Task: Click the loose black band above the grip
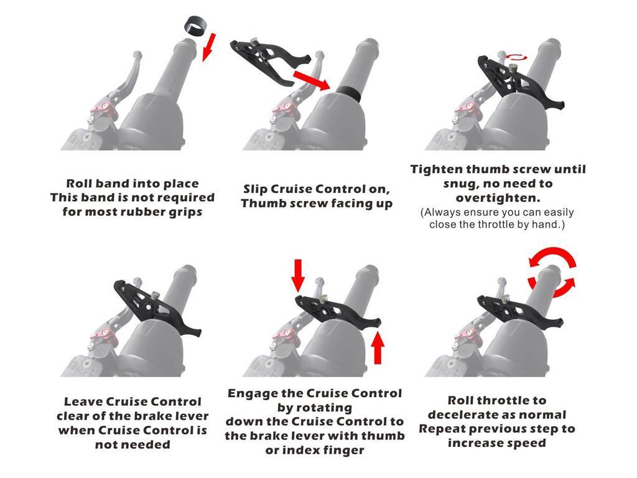pyautogui.click(x=195, y=26)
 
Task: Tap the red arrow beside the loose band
pyautogui.click(x=209, y=47)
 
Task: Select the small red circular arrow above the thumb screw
pyautogui.click(x=516, y=57)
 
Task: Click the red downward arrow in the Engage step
pyautogui.click(x=298, y=276)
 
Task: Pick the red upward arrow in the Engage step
pyautogui.click(x=378, y=347)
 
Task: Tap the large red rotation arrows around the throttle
pyautogui.click(x=552, y=272)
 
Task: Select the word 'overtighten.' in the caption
pyautogui.click(x=498, y=198)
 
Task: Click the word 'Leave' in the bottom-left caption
pyautogui.click(x=83, y=401)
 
